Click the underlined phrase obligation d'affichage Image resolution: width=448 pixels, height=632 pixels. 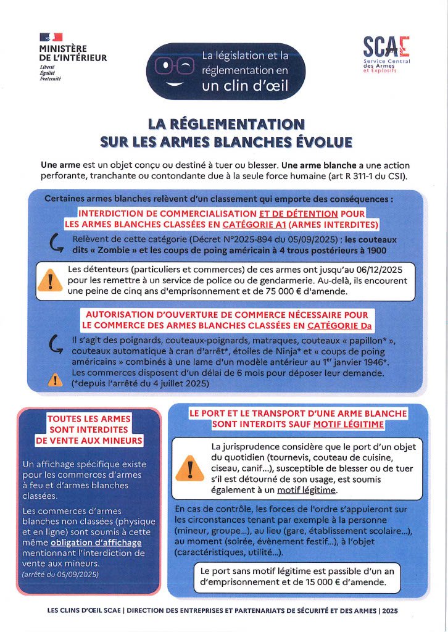click(x=106, y=542)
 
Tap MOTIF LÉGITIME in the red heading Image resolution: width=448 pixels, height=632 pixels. click(x=348, y=425)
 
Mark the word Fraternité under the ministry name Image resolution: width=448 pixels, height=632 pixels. click(x=52, y=79)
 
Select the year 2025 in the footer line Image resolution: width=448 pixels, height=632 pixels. click(x=389, y=610)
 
